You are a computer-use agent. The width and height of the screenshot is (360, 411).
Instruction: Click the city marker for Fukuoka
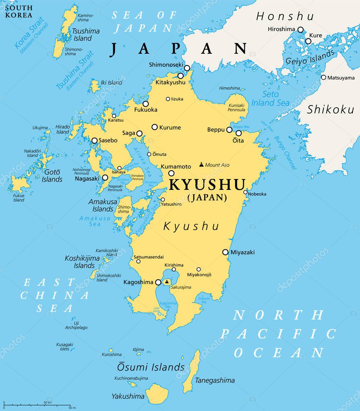click(x=145, y=104)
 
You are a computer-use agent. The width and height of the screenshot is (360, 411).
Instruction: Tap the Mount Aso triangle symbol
click(x=201, y=164)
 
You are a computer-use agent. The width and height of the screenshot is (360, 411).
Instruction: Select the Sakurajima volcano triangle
click(x=167, y=281)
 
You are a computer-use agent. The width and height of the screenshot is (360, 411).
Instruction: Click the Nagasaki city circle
click(x=105, y=177)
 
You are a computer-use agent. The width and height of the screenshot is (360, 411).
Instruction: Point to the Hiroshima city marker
click(x=300, y=29)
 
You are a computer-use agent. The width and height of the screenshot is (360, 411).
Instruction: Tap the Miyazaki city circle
click(x=225, y=252)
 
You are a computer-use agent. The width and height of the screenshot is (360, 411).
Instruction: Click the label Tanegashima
click(x=215, y=380)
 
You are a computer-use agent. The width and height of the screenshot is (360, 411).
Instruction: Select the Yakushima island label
click(x=128, y=396)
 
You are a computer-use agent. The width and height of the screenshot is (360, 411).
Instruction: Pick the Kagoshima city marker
click(x=158, y=283)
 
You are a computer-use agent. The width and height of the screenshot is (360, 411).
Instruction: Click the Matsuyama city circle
click(x=323, y=77)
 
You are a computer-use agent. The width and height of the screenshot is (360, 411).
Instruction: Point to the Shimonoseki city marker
click(x=187, y=68)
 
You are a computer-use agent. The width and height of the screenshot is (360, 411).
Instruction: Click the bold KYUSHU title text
click(x=207, y=185)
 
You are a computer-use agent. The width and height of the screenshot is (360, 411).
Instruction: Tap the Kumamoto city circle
click(x=171, y=173)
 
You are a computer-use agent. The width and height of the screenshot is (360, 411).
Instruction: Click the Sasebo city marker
click(x=94, y=140)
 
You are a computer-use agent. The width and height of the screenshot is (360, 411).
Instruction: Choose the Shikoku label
click(x=330, y=109)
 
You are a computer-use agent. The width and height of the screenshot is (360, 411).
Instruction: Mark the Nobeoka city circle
click(x=245, y=192)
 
